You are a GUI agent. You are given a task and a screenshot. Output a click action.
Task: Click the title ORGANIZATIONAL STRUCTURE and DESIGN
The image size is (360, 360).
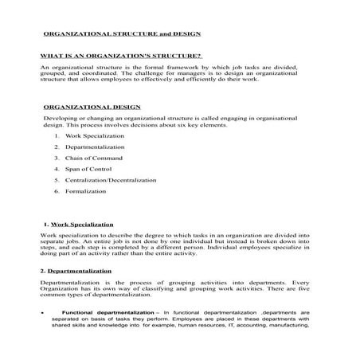(x=121, y=35)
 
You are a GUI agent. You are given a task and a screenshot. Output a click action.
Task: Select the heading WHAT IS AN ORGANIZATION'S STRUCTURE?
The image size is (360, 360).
(x=121, y=57)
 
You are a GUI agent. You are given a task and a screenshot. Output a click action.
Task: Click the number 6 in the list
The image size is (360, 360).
(x=57, y=191)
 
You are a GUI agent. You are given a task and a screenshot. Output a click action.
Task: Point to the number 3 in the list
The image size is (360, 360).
(x=57, y=158)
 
